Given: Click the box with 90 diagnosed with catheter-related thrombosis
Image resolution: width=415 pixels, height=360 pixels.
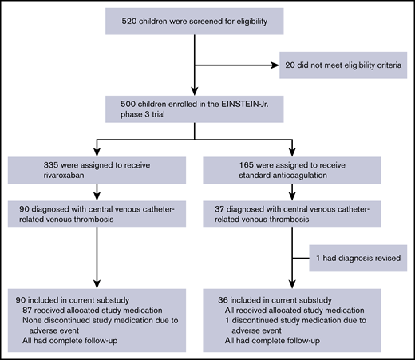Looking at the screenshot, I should point(96,215).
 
